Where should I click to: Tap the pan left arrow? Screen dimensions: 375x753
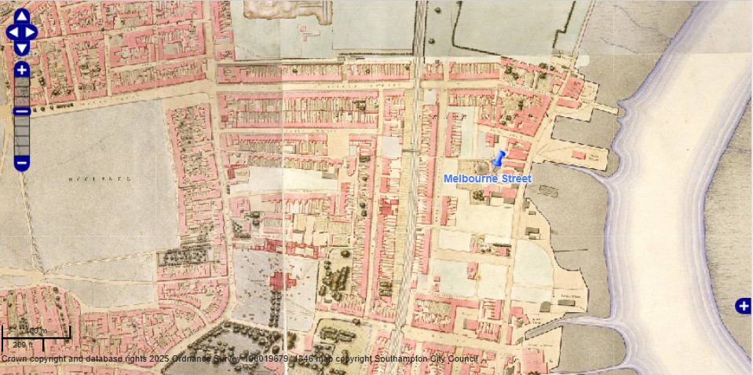pyautogui.click(x=11, y=32)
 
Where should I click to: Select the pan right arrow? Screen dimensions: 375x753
pyautogui.click(x=32, y=32)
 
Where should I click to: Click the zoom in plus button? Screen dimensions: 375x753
pyautogui.click(x=22, y=70)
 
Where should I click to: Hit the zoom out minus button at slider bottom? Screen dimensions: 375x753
pyautogui.click(x=22, y=163)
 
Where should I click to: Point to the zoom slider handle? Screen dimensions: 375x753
pyautogui.click(x=22, y=111)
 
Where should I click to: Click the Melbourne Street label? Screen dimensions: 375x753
pyautogui.click(x=487, y=179)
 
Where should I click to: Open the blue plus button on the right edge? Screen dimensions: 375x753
pyautogui.click(x=743, y=306)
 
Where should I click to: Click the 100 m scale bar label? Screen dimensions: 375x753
pyautogui.click(x=36, y=330)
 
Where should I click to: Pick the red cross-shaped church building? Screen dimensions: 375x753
pyautogui.click(x=279, y=281)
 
